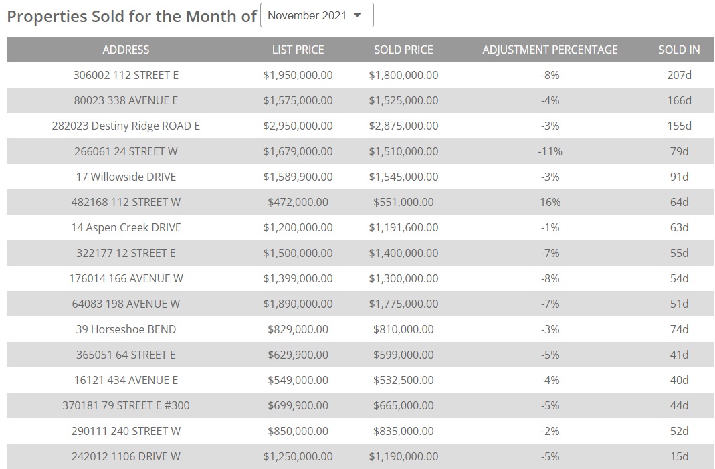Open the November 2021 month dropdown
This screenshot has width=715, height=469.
pos(316,15)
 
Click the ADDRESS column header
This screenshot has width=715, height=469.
pos(126,50)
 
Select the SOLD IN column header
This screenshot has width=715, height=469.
pos(679,50)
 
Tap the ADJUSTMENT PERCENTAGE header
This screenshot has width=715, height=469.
pos(550,50)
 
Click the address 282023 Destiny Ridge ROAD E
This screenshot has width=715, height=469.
pos(126,126)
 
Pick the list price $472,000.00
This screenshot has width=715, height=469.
pos(298,202)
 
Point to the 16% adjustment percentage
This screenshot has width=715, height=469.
pos(550,202)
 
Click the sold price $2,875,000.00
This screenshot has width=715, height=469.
pos(403,126)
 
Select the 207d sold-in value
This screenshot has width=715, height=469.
pos(679,75)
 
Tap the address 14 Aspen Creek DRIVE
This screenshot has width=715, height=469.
pos(126,227)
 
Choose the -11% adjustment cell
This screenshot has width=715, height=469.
pos(550,151)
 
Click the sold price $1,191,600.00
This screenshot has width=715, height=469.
pos(403,227)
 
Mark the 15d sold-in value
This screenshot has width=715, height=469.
pos(679,456)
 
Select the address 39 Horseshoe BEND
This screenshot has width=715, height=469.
pos(126,329)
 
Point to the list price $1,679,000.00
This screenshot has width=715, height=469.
pos(298,151)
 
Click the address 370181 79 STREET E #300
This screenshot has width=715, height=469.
pos(126,405)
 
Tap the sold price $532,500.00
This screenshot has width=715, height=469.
pos(403,380)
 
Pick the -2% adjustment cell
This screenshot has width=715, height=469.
pos(550,431)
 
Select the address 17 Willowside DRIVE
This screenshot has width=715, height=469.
pos(126,177)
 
